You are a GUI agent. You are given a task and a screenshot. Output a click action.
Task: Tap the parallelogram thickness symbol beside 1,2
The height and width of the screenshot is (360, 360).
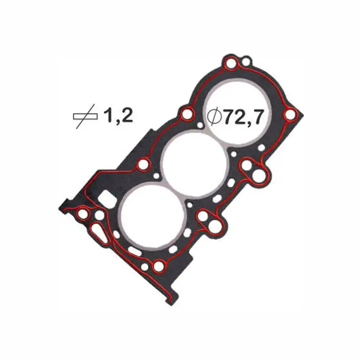[x=85, y=116]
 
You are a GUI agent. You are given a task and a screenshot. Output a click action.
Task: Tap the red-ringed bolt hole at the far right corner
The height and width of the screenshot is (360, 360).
[x=290, y=115]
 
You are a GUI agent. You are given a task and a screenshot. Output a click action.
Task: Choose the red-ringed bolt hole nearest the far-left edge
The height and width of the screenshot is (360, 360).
[x=83, y=215]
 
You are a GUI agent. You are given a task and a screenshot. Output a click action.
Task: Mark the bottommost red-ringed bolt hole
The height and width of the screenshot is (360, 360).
[x=158, y=267]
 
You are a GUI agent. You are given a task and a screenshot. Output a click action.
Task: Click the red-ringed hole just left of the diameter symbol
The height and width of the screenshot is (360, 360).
[x=187, y=115]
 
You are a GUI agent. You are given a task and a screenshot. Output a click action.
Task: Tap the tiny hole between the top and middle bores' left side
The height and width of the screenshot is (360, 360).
[x=200, y=125]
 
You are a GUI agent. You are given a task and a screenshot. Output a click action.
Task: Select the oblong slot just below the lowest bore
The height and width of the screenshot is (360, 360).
[x=135, y=251]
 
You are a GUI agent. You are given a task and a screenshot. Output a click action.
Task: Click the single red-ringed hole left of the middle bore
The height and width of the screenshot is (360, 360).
[x=143, y=165]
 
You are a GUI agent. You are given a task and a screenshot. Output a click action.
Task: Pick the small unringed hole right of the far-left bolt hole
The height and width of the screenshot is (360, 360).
[x=100, y=216]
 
